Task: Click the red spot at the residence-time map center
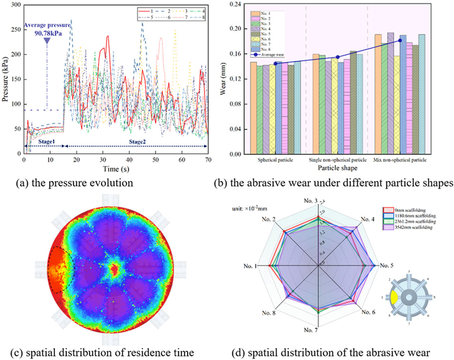(x=115, y=269)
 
